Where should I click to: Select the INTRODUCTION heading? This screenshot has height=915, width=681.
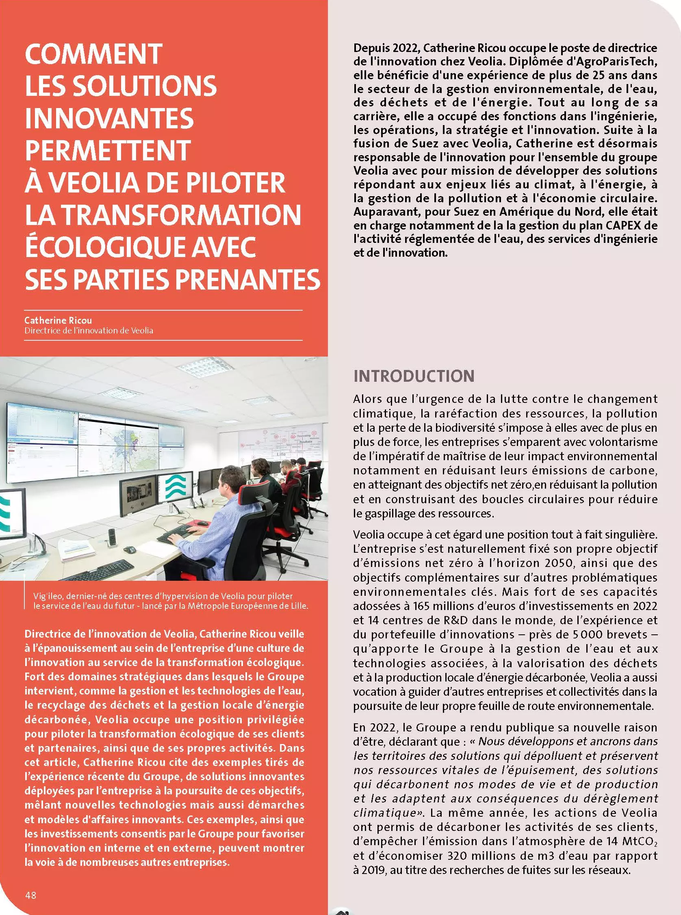coord(414,376)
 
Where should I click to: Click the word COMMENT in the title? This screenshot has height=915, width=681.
coord(93,54)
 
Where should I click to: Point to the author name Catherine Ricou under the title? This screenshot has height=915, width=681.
coord(58,320)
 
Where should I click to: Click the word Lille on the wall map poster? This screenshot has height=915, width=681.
coord(281,454)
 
